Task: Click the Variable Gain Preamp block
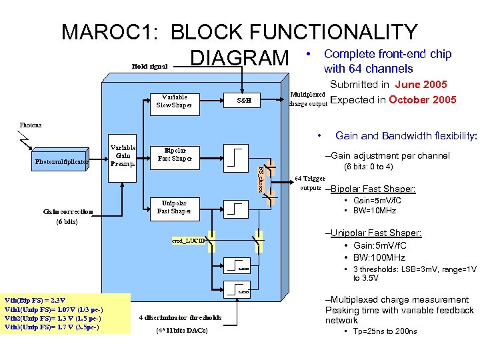[x=123, y=155]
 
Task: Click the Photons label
[x=31, y=125]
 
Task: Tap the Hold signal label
[x=150, y=67]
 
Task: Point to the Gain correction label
[x=68, y=212]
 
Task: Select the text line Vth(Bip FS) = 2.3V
[x=35, y=300]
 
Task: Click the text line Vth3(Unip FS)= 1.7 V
[x=52, y=327]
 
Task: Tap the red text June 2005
[x=421, y=85]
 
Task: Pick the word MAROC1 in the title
[x=111, y=32]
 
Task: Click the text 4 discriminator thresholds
[x=181, y=317]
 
